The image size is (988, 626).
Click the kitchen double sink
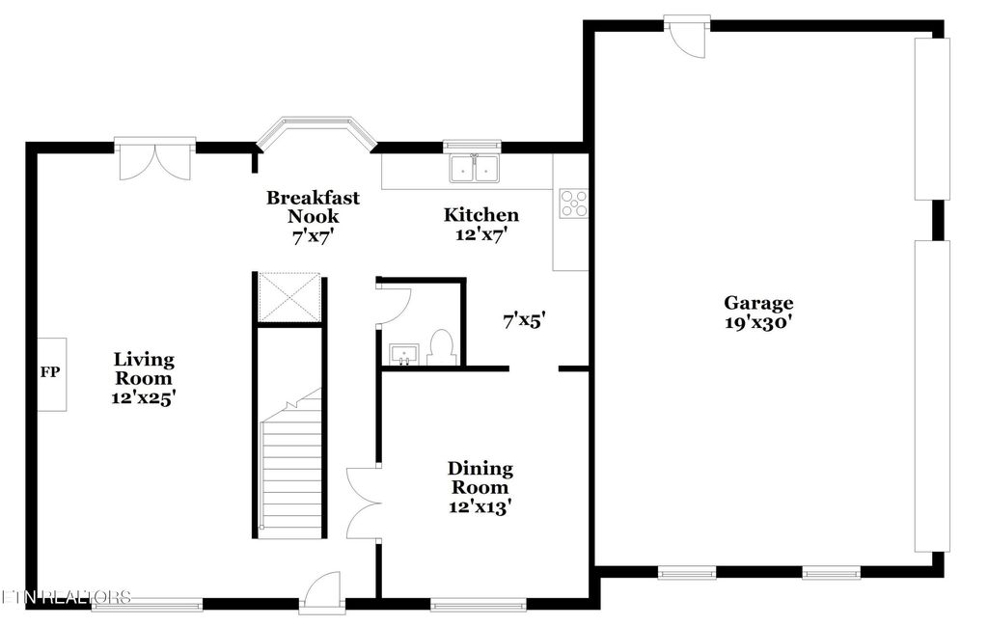[474, 170]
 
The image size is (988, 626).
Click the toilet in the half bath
[441, 347]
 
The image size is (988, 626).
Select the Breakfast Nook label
[300, 206]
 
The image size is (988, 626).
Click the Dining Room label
[480, 477]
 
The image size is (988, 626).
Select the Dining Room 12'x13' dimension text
[480, 506]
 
